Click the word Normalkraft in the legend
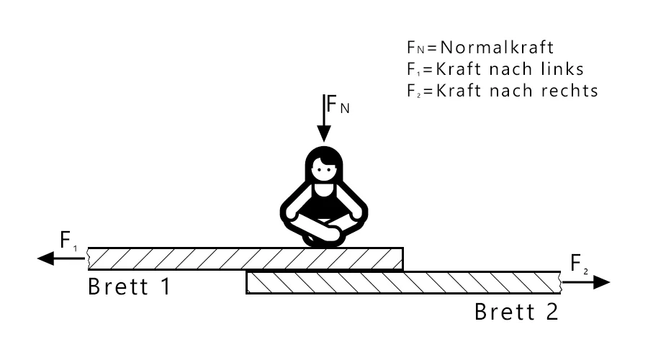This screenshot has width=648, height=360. (496, 48)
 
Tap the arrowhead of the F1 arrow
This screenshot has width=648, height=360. (45, 258)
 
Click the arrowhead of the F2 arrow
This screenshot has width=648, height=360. (602, 282)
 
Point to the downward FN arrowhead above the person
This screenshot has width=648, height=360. (323, 133)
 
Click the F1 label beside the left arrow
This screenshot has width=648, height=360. (68, 240)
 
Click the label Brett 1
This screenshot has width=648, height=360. (130, 287)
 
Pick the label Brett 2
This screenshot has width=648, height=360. (516, 312)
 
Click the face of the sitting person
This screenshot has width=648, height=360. (323, 169)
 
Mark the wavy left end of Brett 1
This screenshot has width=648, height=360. (88, 258)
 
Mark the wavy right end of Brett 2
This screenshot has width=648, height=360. (561, 282)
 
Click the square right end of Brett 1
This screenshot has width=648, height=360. (403, 258)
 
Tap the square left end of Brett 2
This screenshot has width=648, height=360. (246, 282)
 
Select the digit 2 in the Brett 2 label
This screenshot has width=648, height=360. (552, 312)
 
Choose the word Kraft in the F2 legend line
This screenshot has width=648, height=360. (459, 91)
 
